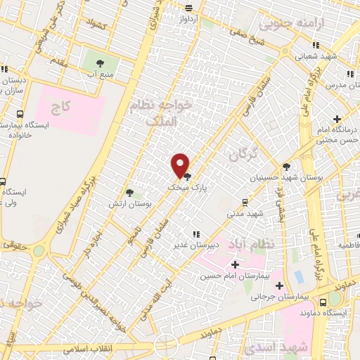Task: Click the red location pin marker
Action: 181,165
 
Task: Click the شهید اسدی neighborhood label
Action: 303,347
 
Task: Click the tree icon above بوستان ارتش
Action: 129,192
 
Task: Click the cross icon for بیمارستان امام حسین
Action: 235,264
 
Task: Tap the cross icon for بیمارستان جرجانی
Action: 280,285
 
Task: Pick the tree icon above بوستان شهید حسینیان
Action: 286,167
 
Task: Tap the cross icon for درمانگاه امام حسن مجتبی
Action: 337,118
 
